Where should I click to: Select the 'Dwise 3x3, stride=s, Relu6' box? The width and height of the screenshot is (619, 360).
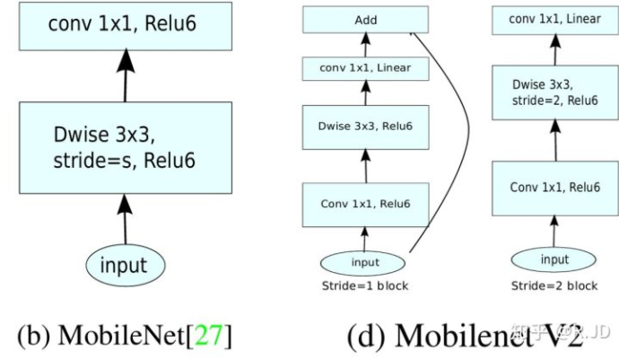(x=124, y=149)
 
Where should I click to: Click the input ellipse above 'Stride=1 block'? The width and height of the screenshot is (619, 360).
(x=364, y=262)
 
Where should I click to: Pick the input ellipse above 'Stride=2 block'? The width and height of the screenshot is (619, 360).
(x=554, y=259)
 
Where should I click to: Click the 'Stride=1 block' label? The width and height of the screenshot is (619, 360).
(x=364, y=285)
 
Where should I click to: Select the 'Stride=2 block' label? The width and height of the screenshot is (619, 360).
(x=554, y=285)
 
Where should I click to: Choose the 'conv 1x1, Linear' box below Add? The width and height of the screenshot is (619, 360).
(x=365, y=67)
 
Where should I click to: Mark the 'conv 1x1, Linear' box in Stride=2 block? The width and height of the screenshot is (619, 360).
(x=554, y=19)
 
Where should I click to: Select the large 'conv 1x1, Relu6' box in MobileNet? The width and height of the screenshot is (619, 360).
(x=124, y=24)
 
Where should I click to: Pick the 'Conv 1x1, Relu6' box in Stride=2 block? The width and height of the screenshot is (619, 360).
(x=554, y=188)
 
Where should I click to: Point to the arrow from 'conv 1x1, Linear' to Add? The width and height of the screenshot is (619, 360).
(x=365, y=44)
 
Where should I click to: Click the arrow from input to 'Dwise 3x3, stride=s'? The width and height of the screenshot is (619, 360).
(x=125, y=219)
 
